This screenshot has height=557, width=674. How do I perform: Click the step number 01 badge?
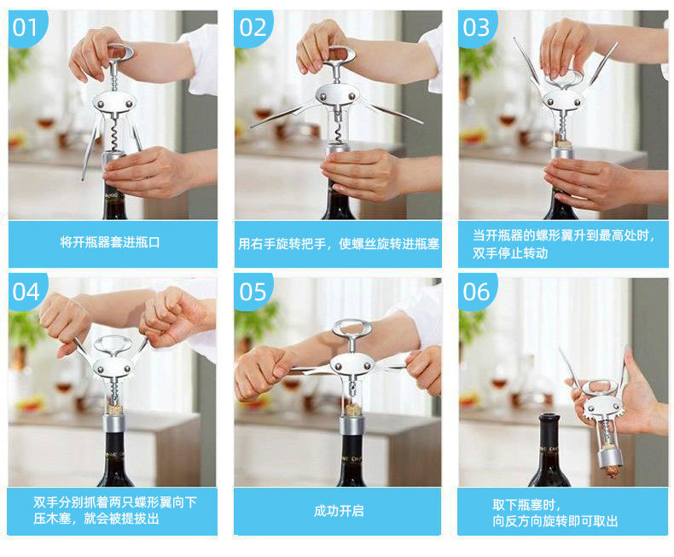coord(25,27)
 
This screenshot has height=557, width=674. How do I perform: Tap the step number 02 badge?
coord(253,27)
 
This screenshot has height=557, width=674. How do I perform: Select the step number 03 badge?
coord(476,27)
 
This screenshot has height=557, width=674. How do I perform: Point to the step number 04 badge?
coord(26,293)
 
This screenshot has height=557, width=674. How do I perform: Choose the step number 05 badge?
coord(253,293)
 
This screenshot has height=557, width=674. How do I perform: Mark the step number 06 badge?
coord(476,293)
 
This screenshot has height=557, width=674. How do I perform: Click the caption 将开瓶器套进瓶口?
coord(110,242)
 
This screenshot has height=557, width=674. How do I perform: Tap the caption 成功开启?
coord(339,511)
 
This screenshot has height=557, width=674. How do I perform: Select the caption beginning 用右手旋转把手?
coord(339,244)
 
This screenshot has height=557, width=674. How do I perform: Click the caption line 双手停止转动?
coord(510,253)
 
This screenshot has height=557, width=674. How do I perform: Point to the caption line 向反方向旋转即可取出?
coord(555,521)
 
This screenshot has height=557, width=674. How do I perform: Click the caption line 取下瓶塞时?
coord(526,505)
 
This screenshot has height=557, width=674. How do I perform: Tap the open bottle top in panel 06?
coord(549,419)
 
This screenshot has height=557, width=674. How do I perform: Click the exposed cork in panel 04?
coord(115,409)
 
